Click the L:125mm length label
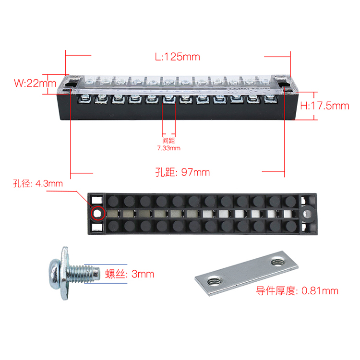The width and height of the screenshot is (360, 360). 178,57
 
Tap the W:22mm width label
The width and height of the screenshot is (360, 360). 35,83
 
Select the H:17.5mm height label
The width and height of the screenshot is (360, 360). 324,106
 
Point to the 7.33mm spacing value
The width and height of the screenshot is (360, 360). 169,148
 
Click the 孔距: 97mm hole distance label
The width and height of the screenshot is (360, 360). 182,172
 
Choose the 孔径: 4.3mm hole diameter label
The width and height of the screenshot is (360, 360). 37,184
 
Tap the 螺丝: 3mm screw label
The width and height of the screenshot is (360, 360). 130,274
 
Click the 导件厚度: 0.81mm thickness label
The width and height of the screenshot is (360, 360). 297,291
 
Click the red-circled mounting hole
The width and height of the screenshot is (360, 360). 97,214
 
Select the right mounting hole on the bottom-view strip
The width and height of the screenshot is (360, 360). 307,214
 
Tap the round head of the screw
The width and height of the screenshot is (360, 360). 54,274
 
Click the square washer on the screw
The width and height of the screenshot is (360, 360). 65,273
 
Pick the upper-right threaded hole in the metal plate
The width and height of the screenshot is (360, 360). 278,262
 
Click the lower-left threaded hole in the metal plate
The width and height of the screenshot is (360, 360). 215,281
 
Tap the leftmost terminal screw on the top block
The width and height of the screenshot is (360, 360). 84,99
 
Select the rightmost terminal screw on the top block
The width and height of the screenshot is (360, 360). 270,99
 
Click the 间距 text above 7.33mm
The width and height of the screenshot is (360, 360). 169,141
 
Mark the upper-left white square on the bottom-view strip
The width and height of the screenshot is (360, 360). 97,200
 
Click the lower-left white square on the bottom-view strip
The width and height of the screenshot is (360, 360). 97,228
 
